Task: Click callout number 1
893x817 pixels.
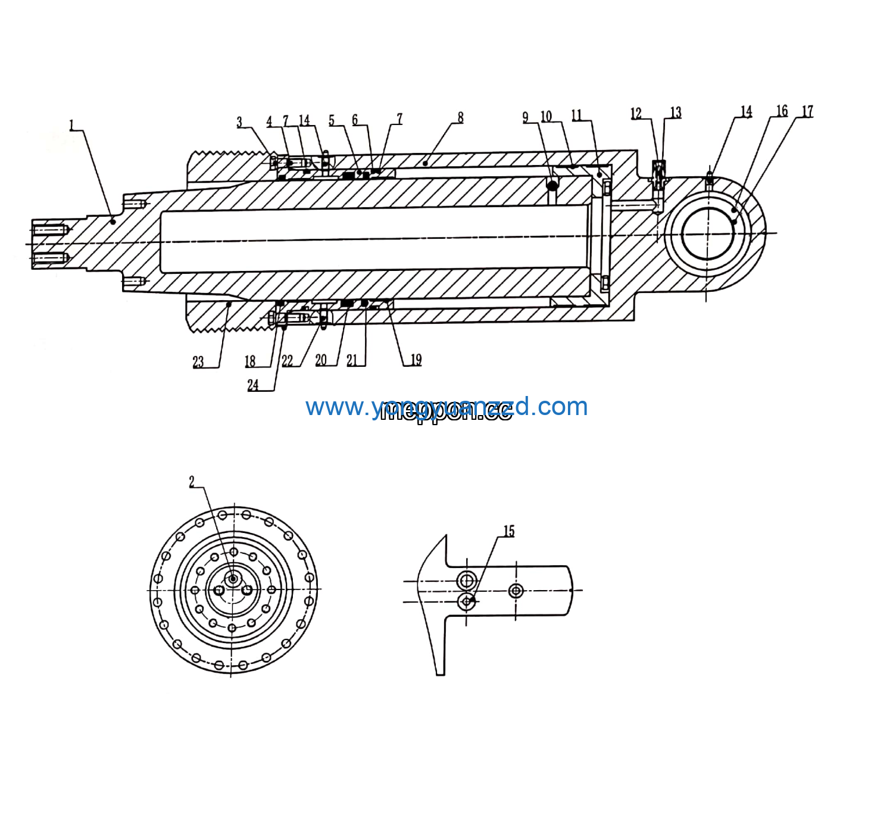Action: (x=71, y=126)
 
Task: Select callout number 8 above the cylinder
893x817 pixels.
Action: (x=460, y=118)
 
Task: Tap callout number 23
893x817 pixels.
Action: (x=198, y=362)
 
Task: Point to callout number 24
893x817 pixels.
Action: (x=253, y=385)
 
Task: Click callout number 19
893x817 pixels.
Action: (x=416, y=360)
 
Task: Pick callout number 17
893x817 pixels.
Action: (x=807, y=112)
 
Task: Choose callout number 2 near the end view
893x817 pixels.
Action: (x=192, y=482)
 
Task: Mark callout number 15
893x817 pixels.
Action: (x=509, y=531)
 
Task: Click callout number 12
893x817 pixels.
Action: (x=636, y=114)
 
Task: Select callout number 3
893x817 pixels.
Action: (x=239, y=123)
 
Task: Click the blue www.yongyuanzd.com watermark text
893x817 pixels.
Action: (x=447, y=407)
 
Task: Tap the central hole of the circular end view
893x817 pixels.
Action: (x=233, y=579)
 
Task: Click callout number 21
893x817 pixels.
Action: (x=352, y=360)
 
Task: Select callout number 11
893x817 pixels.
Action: (x=576, y=116)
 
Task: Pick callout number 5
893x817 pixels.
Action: (x=332, y=121)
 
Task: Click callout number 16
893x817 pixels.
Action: (x=782, y=111)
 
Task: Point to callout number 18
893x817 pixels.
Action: (x=250, y=361)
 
